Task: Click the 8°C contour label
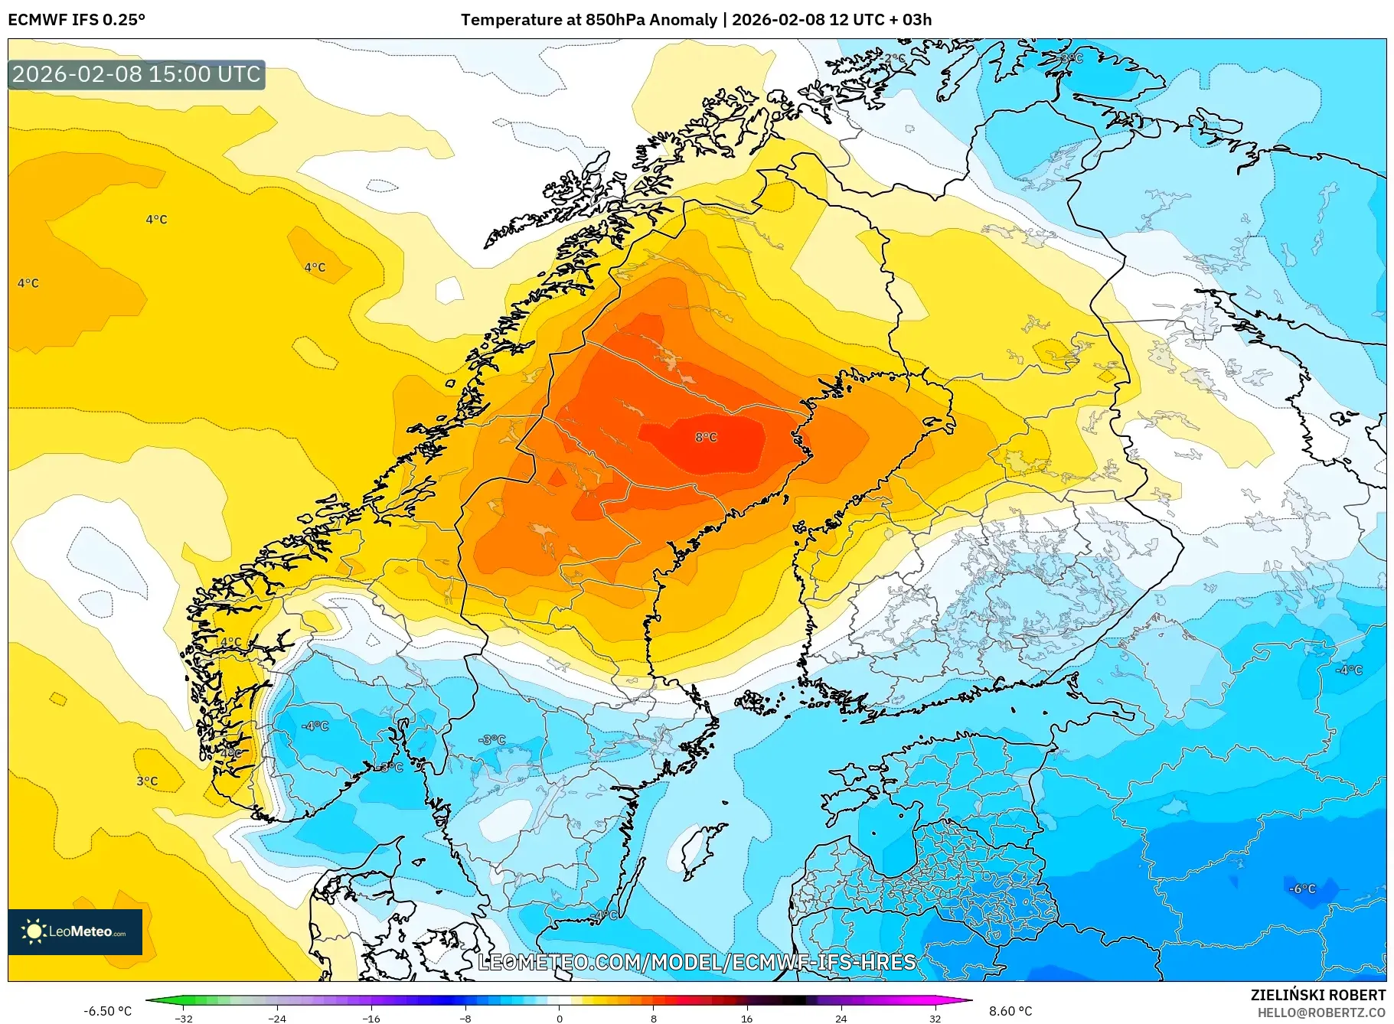point(706,437)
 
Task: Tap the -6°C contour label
point(1302,889)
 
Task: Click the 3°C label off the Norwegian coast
point(147,781)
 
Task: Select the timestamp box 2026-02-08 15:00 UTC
point(136,74)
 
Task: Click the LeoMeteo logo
point(75,931)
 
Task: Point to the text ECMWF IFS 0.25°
point(77,20)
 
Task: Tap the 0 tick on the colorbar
point(560,1018)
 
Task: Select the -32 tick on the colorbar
point(184,1018)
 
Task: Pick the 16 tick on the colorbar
point(747,1018)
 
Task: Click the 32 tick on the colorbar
point(935,1018)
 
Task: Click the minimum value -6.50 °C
point(108,1011)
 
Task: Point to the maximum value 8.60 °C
point(1010,1011)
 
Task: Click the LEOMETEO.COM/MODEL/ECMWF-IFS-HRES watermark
point(697,962)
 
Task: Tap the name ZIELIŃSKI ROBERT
point(1317,995)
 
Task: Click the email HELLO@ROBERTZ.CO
point(1321,1013)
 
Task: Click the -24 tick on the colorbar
point(277,1018)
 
